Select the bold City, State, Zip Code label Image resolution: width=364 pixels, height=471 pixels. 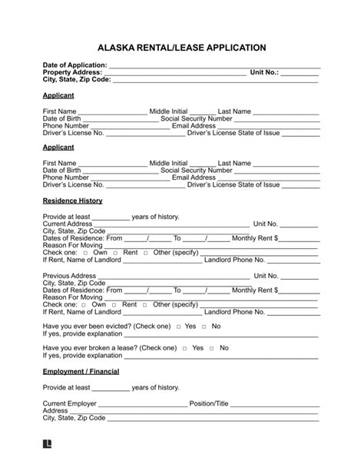tap(77, 79)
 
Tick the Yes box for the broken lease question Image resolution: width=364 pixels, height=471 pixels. tap(185, 348)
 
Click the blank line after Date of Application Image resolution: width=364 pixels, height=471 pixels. tap(215, 65)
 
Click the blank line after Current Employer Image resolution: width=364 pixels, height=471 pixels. tap(144, 404)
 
